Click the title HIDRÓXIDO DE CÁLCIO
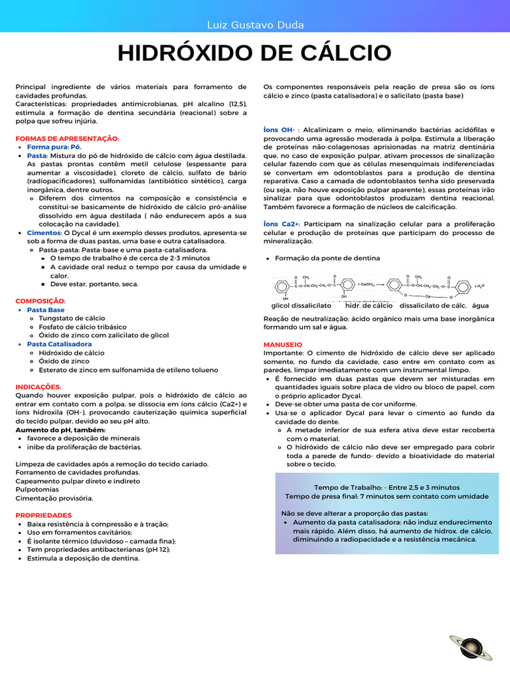254,53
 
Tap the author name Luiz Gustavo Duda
255,25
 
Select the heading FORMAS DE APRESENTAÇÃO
67,138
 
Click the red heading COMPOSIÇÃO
41,301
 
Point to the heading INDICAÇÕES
39,386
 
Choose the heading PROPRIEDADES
43,515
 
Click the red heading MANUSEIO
282,345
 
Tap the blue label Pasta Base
46,309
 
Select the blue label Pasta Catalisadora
59,344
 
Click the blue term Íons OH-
279,129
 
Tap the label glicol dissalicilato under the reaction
301,305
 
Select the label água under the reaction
480,305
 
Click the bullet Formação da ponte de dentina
327,258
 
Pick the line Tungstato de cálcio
72,318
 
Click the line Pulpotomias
38,489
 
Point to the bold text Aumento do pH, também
60,430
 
